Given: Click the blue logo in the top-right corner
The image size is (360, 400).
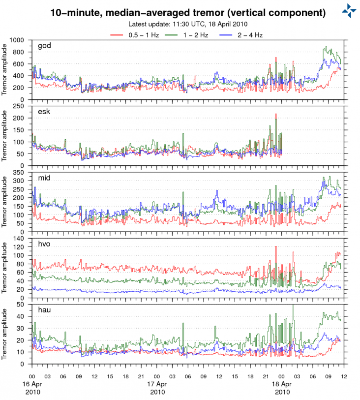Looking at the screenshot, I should point(349,10).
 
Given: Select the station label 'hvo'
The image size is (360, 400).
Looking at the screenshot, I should point(44,244).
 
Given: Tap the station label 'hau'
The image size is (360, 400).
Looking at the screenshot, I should point(44,310).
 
